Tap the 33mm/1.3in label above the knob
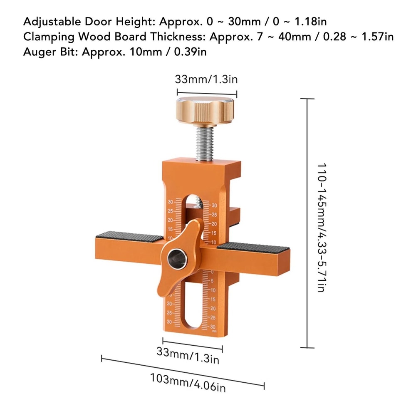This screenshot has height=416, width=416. (x=207, y=79)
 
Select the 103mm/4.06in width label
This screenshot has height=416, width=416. (x=188, y=383)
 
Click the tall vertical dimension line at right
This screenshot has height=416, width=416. (x=307, y=223)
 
